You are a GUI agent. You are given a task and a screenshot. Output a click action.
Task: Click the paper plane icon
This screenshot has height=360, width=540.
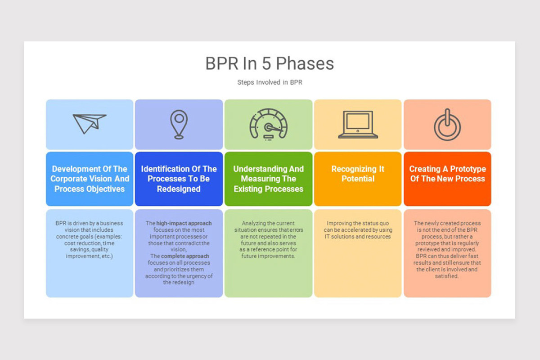click(89, 124)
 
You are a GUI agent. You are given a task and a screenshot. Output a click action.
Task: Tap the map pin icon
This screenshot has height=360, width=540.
click(179, 124)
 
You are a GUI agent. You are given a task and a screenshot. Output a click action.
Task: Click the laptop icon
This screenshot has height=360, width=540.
click(358, 124)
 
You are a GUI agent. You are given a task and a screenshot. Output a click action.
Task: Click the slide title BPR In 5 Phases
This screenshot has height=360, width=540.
click(270, 63)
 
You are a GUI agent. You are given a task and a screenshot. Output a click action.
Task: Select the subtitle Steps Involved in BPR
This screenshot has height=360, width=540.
click(270, 82)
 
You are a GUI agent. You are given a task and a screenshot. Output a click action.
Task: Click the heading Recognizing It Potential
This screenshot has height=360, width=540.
click(358, 174)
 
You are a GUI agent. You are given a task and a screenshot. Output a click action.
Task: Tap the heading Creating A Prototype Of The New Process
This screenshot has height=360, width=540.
click(447, 174)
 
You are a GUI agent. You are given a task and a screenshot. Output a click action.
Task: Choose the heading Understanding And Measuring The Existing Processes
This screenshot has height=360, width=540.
click(268, 179)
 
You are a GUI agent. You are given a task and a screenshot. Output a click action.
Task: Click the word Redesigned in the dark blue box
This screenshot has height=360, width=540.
click(179, 189)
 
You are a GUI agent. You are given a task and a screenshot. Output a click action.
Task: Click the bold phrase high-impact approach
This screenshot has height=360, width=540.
click(184, 223)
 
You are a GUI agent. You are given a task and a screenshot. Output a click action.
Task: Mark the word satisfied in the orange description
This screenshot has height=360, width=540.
click(447, 276)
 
